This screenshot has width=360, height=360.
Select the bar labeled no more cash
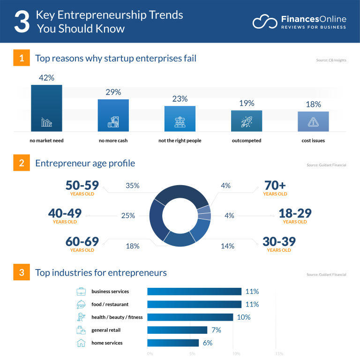[113, 115]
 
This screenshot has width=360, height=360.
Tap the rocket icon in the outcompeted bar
[247, 122]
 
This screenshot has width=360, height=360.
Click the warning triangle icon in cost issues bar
[313, 122]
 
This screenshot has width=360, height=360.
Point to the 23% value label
[180, 99]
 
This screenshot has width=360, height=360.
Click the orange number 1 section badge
[21, 59]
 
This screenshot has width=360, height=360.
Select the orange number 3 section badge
[21, 272]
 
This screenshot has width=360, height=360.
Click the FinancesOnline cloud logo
[265, 22]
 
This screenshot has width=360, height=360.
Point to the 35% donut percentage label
[133, 186]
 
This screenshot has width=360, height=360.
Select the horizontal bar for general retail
[177, 330]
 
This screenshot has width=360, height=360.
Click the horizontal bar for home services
[173, 343]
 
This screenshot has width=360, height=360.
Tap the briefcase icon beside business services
[81, 292]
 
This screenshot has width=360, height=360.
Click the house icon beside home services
[81, 343]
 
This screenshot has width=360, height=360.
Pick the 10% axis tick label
[236, 354]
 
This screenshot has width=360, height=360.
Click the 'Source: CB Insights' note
[331, 60]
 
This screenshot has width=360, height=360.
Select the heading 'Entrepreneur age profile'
[85, 164]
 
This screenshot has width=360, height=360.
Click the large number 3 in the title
[22, 22]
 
